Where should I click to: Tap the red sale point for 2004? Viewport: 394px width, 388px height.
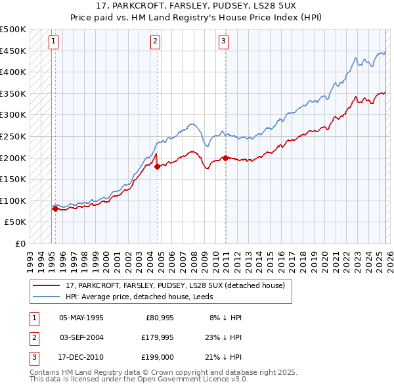(x=158, y=166)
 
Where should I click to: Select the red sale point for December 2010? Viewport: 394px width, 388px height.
(x=226, y=158)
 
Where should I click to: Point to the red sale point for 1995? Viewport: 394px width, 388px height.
(x=55, y=208)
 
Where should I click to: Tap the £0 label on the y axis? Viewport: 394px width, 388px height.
(x=20, y=243)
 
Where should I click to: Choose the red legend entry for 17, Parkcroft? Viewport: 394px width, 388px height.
(x=175, y=286)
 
